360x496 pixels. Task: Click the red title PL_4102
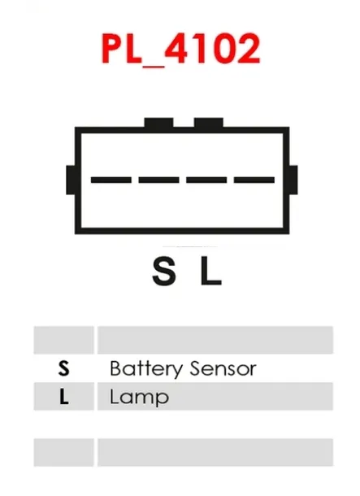pos(181,49)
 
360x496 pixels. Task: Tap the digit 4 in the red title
pos(177,48)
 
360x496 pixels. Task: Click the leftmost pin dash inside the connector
pos(111,180)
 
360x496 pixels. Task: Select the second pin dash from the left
pos(158,180)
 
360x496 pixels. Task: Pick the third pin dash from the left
pos(206,180)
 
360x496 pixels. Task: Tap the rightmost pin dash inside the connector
pos(254,180)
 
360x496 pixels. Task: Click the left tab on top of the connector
pos(158,123)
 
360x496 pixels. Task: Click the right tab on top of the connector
pos(209,123)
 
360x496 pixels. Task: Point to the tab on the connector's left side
pos(71,180)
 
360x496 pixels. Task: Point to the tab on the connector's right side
pos(293,180)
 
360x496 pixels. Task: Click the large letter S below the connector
pos(163,271)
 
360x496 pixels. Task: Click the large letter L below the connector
pos(210,271)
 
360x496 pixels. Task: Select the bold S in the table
pos(64,368)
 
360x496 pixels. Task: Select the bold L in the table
pos(64,397)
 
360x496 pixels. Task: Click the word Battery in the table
pos(146,369)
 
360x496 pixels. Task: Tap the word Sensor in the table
pos(223,369)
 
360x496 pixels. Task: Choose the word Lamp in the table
pos(139,398)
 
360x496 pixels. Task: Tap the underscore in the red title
pos(154,65)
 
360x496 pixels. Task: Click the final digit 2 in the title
pos(248,48)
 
